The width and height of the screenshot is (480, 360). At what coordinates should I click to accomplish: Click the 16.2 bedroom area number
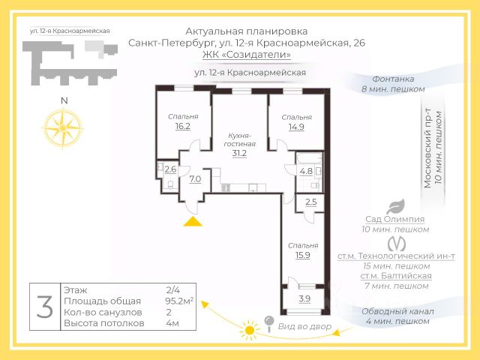[x=182, y=127]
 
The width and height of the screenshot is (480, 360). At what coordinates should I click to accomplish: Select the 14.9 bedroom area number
[x=295, y=127]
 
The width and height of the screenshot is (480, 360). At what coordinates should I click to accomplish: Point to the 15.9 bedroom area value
[x=303, y=255]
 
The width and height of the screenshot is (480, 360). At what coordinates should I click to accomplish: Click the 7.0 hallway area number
[x=195, y=179]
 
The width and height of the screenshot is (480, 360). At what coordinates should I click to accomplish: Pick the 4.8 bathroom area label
[x=306, y=170]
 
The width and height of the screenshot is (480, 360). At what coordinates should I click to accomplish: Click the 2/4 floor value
[x=173, y=289]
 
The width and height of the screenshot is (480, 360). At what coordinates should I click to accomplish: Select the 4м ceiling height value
[x=172, y=323]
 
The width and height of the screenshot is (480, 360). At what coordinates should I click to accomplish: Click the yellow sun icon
[x=247, y=329]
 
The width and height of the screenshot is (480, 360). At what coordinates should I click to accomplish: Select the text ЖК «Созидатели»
[x=247, y=55]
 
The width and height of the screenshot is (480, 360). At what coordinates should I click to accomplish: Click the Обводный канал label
[x=395, y=311]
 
